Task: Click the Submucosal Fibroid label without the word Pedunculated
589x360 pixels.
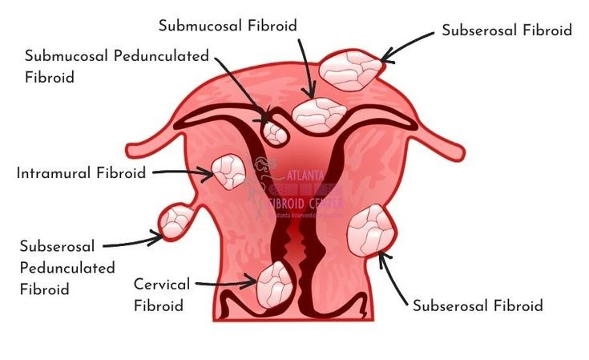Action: [x=228, y=26]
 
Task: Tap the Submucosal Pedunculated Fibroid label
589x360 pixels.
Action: [x=116, y=67]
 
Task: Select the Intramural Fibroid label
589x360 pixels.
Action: [x=81, y=172]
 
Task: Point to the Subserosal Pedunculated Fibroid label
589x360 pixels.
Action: [x=67, y=267]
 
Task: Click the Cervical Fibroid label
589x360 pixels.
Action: [x=161, y=294]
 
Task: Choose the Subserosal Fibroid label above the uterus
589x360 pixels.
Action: [x=506, y=30]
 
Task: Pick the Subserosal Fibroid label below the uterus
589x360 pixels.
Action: [x=478, y=305]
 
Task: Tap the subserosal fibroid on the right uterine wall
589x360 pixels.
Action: [x=369, y=230]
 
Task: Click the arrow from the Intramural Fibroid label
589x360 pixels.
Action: [x=180, y=172]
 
